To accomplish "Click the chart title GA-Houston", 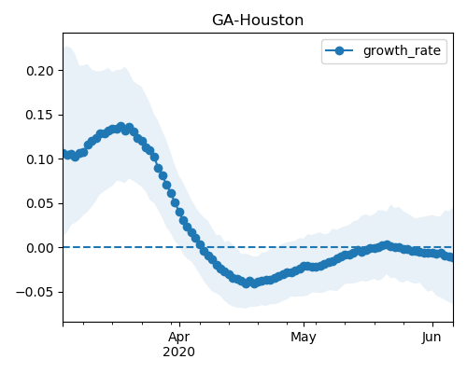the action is coord(258,21).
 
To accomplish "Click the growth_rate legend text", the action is coord(402,50).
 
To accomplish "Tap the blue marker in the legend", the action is coord(339,50).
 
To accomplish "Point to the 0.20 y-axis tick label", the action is coord(40,71).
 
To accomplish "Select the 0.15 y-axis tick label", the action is coord(40,115).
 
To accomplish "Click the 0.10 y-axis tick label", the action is coord(40,159).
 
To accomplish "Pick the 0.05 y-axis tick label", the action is coord(40,203).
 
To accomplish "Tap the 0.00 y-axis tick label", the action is coord(40,248).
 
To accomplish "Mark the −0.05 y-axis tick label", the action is coord(35,292).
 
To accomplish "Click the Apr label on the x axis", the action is coord(179,337).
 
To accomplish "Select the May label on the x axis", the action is coord(304,337).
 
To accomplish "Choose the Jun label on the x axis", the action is coord(432,337).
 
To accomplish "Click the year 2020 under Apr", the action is coord(179,352).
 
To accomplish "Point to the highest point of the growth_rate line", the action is coord(121,127).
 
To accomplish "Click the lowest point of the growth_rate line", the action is coord(247,283).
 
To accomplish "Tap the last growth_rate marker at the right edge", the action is coord(451,257).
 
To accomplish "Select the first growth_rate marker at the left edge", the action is coord(64,154).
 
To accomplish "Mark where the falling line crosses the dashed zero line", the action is coord(200,247).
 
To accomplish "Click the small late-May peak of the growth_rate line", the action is coord(387,245).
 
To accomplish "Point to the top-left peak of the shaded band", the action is coord(66,47).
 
